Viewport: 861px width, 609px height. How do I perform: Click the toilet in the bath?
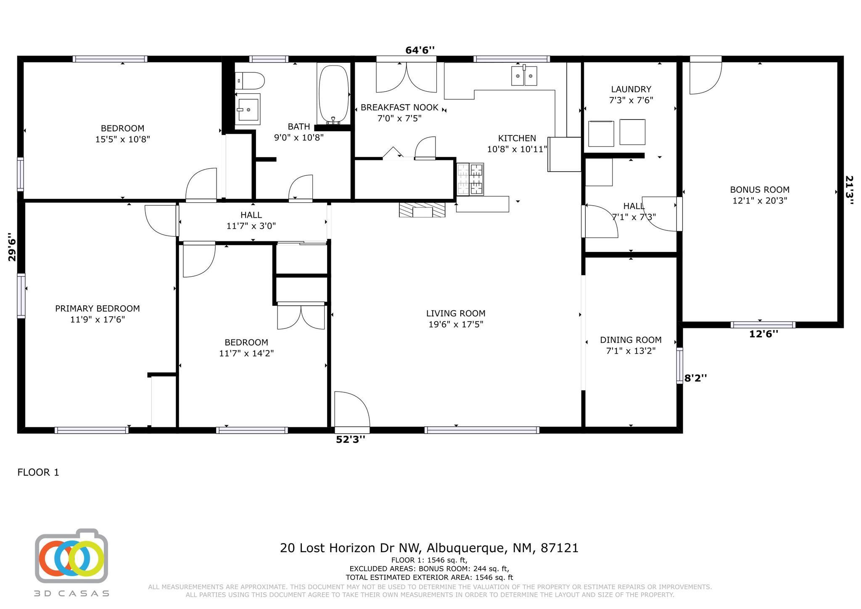coord(250,80)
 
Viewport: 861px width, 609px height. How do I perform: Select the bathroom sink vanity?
coord(248,109)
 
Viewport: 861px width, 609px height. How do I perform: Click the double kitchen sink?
coord(524,76)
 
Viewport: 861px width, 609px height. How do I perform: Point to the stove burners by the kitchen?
coord(470,179)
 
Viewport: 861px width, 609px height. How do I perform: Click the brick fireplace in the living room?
coord(422,209)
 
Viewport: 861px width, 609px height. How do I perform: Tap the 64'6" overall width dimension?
coord(420,50)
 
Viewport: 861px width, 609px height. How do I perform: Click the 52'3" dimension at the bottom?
coord(351,440)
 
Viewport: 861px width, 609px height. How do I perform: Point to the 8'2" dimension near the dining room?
coord(695,378)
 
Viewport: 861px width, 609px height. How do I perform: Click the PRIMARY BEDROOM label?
coord(98,309)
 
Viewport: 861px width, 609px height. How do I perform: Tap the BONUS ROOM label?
coord(759,190)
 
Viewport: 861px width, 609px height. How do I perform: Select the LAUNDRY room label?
coord(631,89)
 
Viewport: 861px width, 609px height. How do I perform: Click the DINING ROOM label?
coord(630,340)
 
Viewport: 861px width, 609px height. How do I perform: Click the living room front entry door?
coord(351,410)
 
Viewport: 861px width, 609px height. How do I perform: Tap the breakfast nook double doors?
coord(406,77)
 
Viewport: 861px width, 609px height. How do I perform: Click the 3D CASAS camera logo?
coord(71,556)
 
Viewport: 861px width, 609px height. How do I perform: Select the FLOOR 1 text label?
coord(38,472)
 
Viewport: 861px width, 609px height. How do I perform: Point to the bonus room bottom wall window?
coord(762,325)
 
